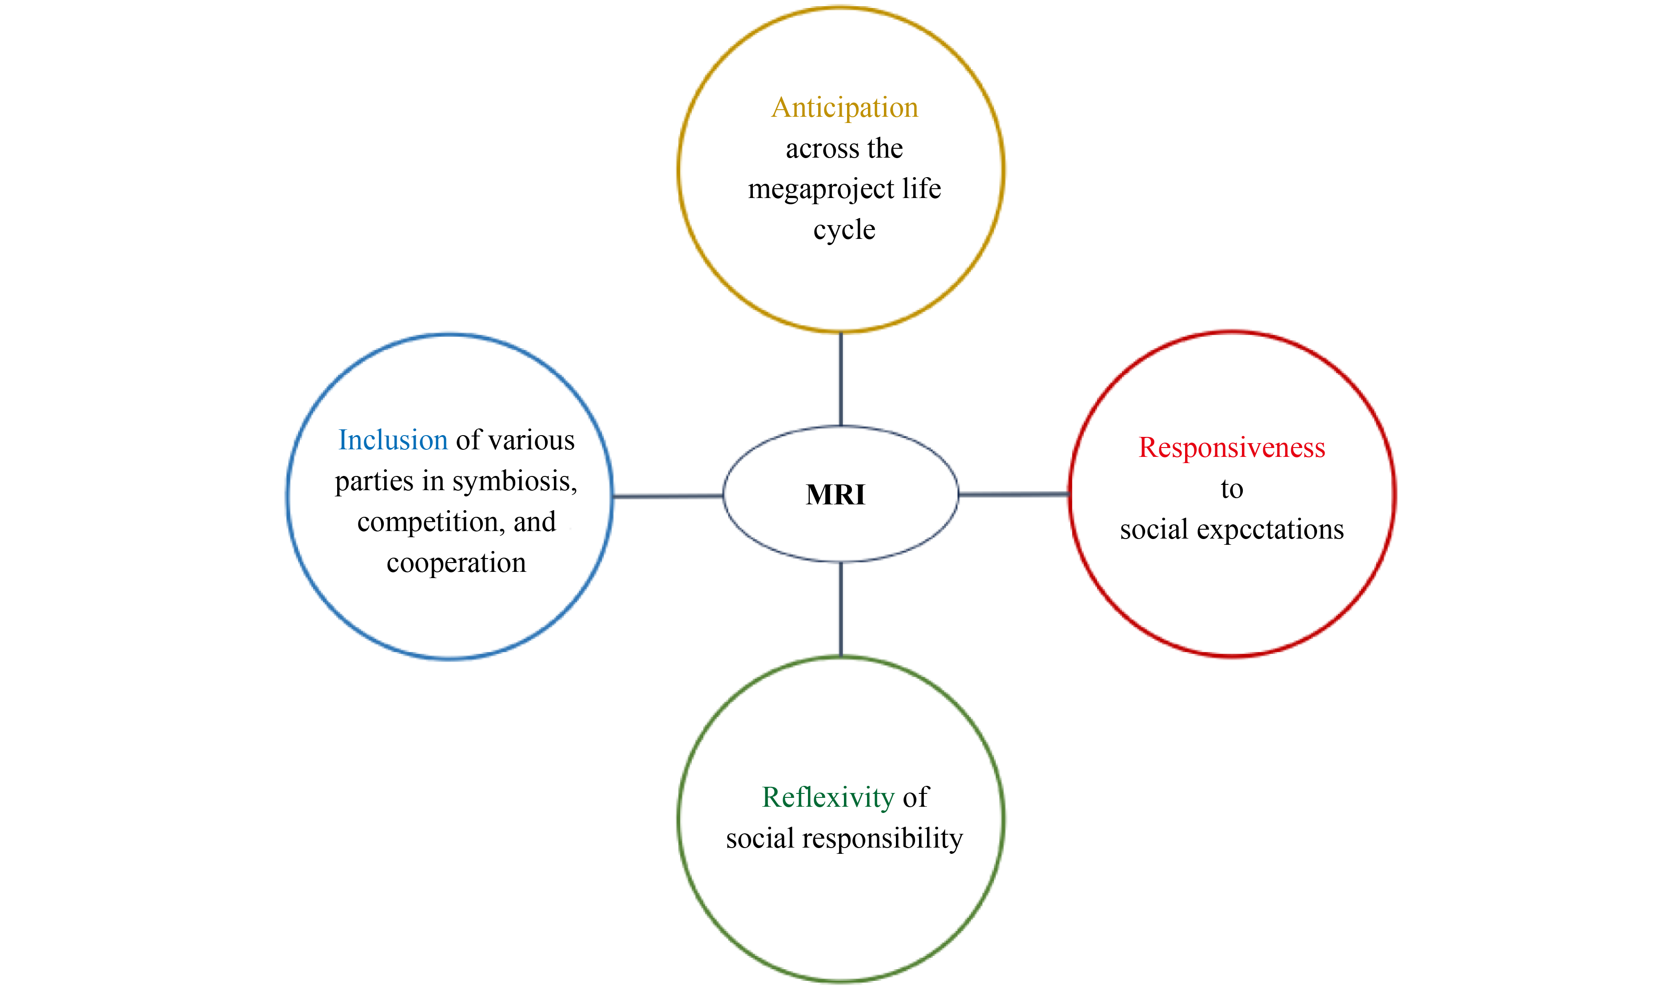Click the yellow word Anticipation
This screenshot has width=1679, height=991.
click(x=845, y=107)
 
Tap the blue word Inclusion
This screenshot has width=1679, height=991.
click(x=393, y=440)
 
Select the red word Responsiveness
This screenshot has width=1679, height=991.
click(x=1232, y=448)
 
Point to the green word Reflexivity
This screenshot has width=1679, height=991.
click(x=828, y=797)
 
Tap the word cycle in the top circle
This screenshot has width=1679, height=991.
click(x=844, y=230)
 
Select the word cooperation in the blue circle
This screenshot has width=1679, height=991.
click(x=456, y=563)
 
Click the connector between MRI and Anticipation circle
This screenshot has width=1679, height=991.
click(x=840, y=379)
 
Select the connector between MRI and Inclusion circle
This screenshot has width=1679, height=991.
click(x=668, y=496)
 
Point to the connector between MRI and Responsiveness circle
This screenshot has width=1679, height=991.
click(x=1014, y=494)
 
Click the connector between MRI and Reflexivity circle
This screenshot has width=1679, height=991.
click(x=840, y=609)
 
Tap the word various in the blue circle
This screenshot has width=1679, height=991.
click(x=532, y=440)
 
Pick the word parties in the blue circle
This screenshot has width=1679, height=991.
click(x=374, y=481)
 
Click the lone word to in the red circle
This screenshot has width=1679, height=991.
click(x=1232, y=489)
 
